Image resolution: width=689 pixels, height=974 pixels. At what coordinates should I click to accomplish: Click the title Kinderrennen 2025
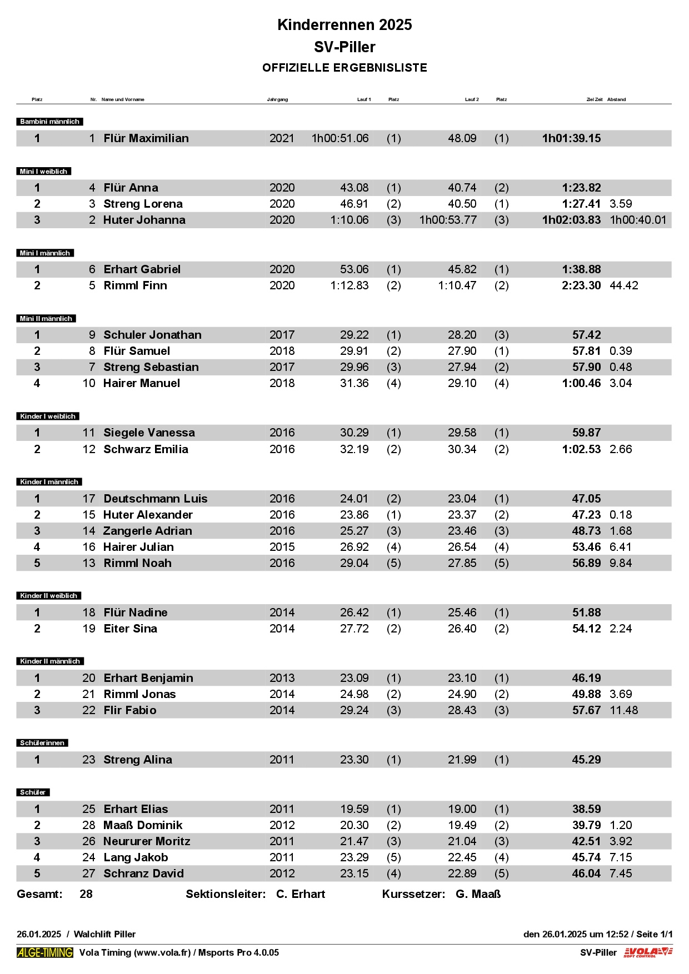click(344, 25)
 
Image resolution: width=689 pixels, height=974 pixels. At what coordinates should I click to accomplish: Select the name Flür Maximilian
click(146, 138)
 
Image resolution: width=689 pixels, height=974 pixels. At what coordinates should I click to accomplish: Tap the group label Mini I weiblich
click(44, 172)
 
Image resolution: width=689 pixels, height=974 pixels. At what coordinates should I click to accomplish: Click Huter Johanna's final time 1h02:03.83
click(571, 220)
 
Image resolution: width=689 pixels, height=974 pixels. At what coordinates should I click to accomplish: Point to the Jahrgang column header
click(277, 99)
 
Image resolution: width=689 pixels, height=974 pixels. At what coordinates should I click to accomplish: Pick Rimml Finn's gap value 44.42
click(624, 285)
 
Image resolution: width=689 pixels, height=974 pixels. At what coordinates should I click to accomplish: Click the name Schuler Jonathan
click(153, 335)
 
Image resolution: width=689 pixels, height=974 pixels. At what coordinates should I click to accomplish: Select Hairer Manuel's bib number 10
click(89, 383)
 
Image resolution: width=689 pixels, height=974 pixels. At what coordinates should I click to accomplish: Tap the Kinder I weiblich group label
click(48, 416)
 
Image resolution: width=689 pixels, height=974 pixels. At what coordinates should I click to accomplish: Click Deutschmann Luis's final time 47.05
click(586, 499)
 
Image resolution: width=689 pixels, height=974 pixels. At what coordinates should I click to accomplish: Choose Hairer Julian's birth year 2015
click(282, 547)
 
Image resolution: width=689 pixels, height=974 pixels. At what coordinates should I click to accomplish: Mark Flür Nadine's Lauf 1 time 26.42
click(354, 612)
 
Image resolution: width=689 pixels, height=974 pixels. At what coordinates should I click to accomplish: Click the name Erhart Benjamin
click(148, 678)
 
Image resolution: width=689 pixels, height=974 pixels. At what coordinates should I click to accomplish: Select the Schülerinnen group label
click(42, 743)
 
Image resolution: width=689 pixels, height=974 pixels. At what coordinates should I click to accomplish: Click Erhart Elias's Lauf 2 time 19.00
click(462, 809)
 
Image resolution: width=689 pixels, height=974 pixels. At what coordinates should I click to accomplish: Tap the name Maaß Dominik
click(143, 825)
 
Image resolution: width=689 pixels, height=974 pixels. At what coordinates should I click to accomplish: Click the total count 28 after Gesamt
click(86, 894)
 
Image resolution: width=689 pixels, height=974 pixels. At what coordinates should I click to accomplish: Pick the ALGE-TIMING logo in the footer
click(45, 952)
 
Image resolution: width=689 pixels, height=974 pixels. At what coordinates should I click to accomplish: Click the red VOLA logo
click(648, 952)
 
